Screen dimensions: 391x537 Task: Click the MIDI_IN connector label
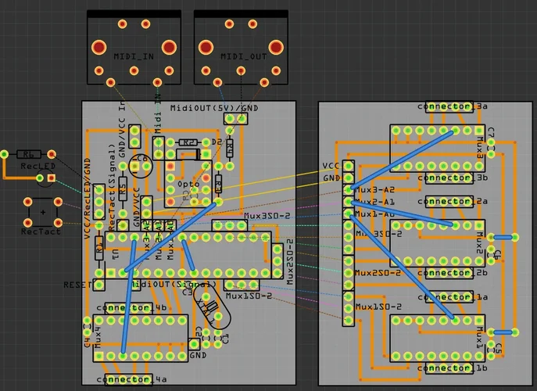[134, 56]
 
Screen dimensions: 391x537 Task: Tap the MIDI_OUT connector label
[242, 56]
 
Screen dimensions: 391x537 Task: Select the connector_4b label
[131, 308]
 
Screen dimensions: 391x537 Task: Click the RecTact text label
[41, 231]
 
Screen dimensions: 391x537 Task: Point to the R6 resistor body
[29, 155]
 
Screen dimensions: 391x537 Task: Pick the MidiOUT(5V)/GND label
[214, 107]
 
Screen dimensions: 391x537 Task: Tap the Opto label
[188, 184]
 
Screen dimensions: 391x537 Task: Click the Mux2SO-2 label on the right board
[378, 273]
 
